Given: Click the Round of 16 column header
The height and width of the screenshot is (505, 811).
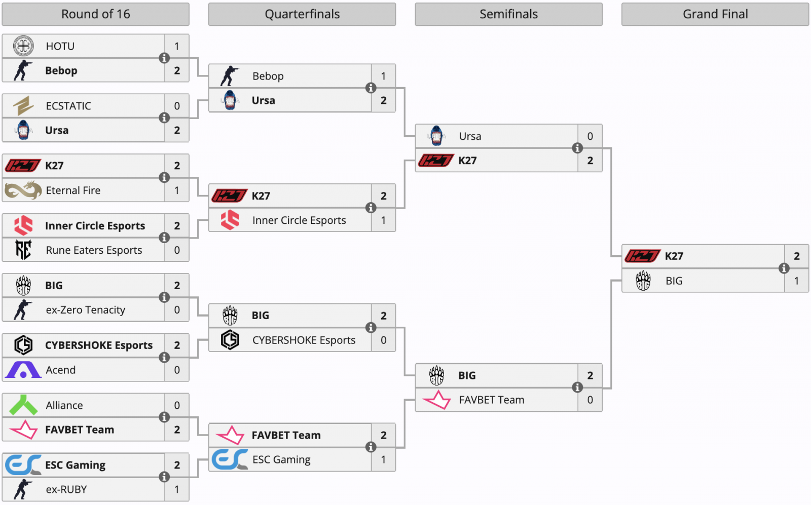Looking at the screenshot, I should pyautogui.click(x=95, y=14).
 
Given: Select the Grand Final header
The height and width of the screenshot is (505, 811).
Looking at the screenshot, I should pyautogui.click(x=715, y=14).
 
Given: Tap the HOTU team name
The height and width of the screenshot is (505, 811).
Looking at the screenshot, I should pyautogui.click(x=60, y=46).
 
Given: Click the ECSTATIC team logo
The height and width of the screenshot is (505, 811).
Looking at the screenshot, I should pyautogui.click(x=23, y=106).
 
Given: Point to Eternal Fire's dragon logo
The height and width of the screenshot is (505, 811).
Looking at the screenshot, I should pyautogui.click(x=23, y=190).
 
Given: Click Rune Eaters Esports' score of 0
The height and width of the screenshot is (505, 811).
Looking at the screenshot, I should pyautogui.click(x=177, y=250).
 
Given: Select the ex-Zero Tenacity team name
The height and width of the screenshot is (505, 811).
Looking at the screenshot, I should pyautogui.click(x=86, y=310).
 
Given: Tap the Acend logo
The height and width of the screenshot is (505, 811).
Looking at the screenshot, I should pyautogui.click(x=23, y=370).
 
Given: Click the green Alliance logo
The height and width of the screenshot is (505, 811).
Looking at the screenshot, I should pyautogui.click(x=23, y=405).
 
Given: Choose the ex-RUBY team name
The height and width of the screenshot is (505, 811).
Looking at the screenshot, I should pyautogui.click(x=66, y=489).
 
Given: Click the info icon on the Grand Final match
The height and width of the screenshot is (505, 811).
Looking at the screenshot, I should pyautogui.click(x=784, y=268).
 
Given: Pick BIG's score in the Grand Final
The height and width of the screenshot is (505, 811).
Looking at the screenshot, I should pyautogui.click(x=796, y=281).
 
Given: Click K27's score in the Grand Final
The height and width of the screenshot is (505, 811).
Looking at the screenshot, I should pyautogui.click(x=796, y=256).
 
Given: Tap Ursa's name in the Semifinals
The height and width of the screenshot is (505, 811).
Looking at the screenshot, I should pyautogui.click(x=470, y=136).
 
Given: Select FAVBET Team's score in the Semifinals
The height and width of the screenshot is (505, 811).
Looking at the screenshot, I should pyautogui.click(x=590, y=400).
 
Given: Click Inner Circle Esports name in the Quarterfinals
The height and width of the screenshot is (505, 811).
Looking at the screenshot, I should pyautogui.click(x=299, y=220).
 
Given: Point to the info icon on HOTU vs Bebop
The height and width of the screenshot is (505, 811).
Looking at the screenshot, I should pyautogui.click(x=164, y=58).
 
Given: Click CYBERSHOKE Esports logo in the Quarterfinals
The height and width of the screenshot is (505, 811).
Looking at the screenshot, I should pyautogui.click(x=230, y=340).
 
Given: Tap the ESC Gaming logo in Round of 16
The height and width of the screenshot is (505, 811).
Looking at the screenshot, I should pyautogui.click(x=23, y=465).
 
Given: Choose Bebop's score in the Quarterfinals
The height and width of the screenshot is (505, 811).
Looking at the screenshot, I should pyautogui.click(x=383, y=76).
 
